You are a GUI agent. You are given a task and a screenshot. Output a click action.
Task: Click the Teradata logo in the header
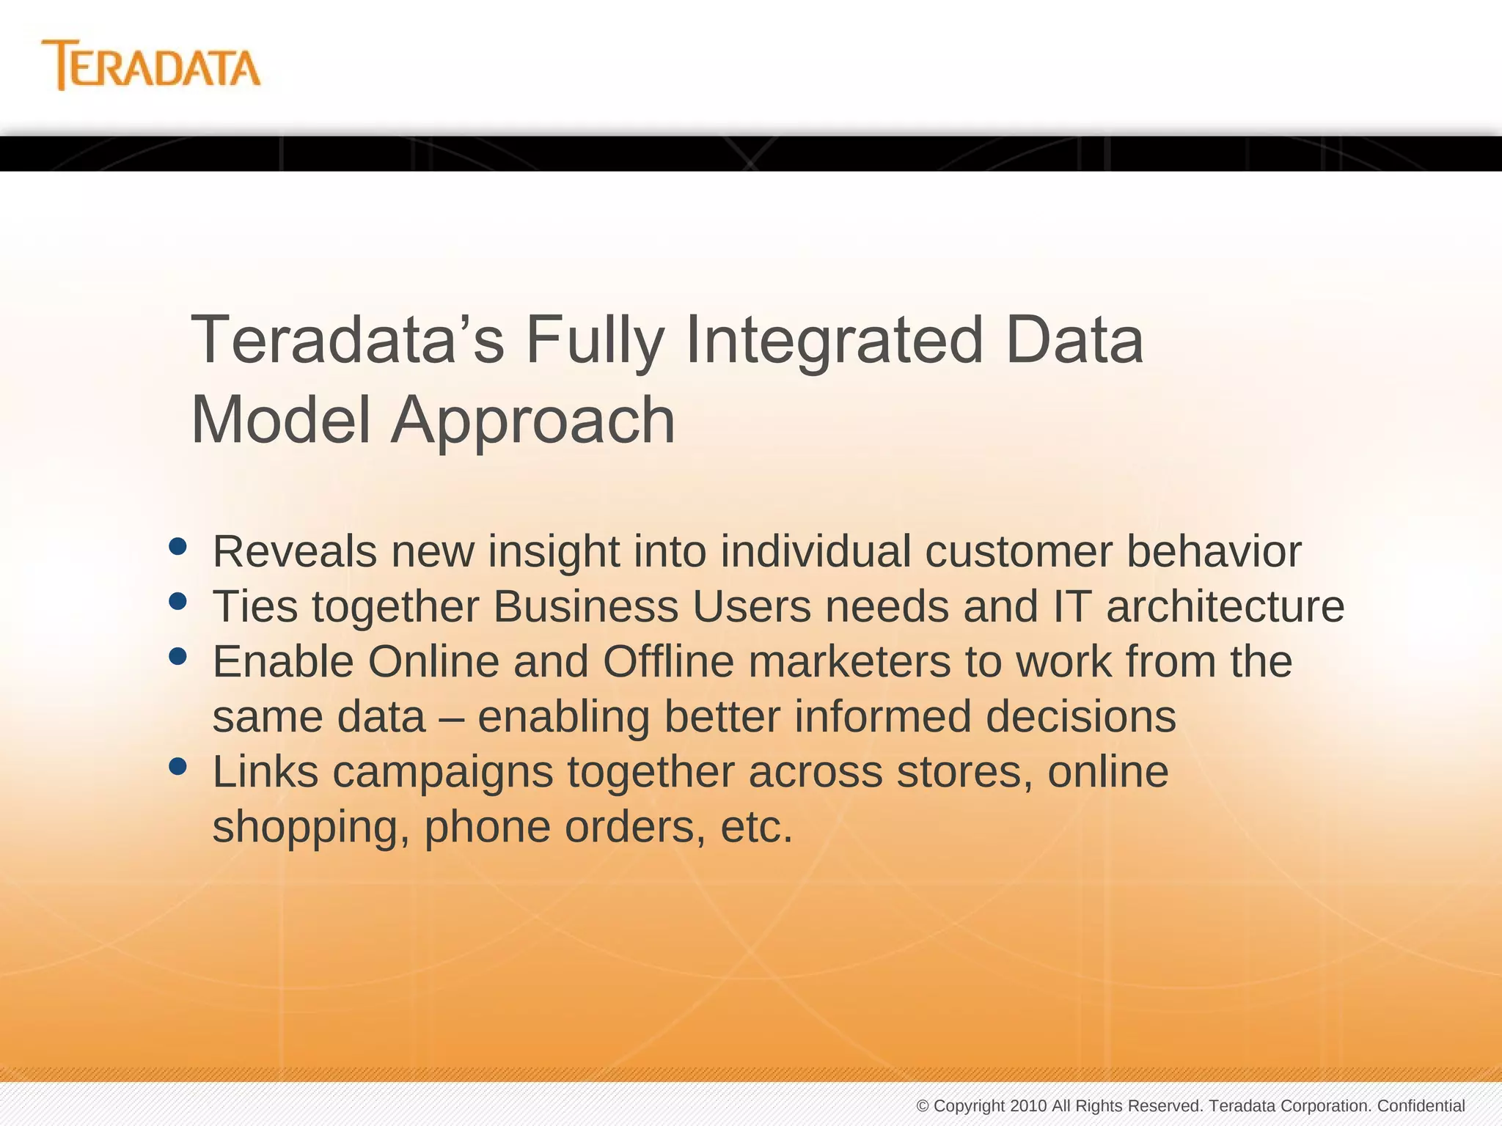(151, 66)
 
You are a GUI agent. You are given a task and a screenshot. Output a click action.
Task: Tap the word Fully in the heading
(594, 341)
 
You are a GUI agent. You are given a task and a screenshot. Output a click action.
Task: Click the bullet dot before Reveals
(177, 546)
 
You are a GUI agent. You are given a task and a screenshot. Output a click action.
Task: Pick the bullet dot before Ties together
(177, 601)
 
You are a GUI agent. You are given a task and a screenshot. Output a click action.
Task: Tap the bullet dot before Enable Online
(177, 656)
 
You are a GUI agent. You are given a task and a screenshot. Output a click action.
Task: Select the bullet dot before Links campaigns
(177, 767)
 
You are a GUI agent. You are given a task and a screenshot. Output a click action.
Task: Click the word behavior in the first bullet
(1214, 551)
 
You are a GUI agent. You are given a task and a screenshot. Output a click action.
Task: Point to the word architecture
(1225, 607)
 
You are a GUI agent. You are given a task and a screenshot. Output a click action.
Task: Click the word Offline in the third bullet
(668, 662)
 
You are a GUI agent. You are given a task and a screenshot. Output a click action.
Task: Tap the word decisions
(1080, 717)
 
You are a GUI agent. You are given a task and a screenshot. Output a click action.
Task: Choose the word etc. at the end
(756, 828)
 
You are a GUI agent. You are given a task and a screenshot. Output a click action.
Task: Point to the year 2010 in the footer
(1028, 1105)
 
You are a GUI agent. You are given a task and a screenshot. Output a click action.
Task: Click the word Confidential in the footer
(1421, 1105)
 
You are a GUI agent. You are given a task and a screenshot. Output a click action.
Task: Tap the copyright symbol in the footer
(923, 1106)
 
